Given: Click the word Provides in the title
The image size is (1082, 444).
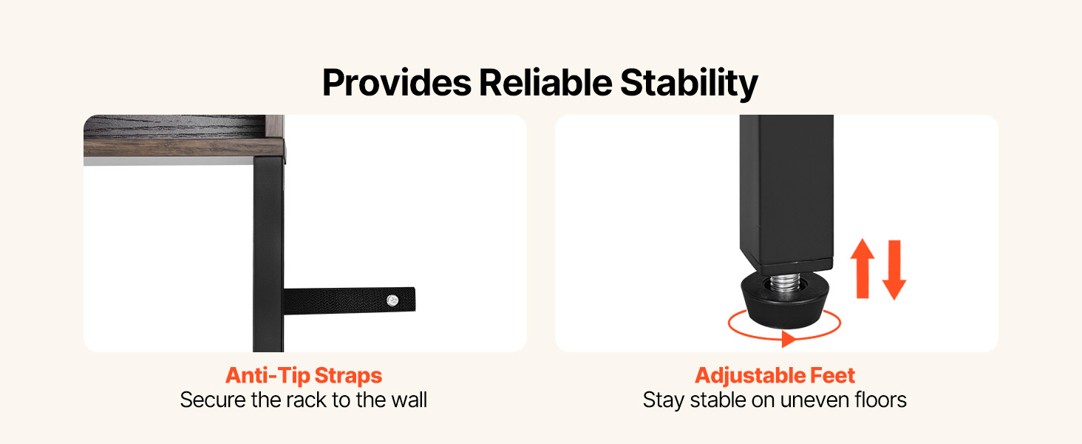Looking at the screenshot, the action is (397, 83).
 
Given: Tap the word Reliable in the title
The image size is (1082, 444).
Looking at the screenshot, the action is (545, 83).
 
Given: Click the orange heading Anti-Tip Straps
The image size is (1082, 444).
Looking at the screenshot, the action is (304, 376).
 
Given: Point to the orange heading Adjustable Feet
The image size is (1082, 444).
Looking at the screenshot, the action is (775, 376).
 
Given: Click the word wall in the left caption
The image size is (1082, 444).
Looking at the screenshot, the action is (409, 400).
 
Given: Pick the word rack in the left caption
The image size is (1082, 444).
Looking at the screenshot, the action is (307, 400).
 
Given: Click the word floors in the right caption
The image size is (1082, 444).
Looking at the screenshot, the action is (880, 400).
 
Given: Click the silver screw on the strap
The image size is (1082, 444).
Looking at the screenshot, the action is (392, 301).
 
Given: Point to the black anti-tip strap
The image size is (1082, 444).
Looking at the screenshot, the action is (350, 300).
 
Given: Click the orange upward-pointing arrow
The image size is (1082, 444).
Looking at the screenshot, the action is (862, 269).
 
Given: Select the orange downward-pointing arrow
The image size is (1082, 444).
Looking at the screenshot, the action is (894, 270).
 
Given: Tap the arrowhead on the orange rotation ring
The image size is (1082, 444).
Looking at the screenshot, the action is (789, 339).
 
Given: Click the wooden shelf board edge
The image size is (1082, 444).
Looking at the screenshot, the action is (184, 147).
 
